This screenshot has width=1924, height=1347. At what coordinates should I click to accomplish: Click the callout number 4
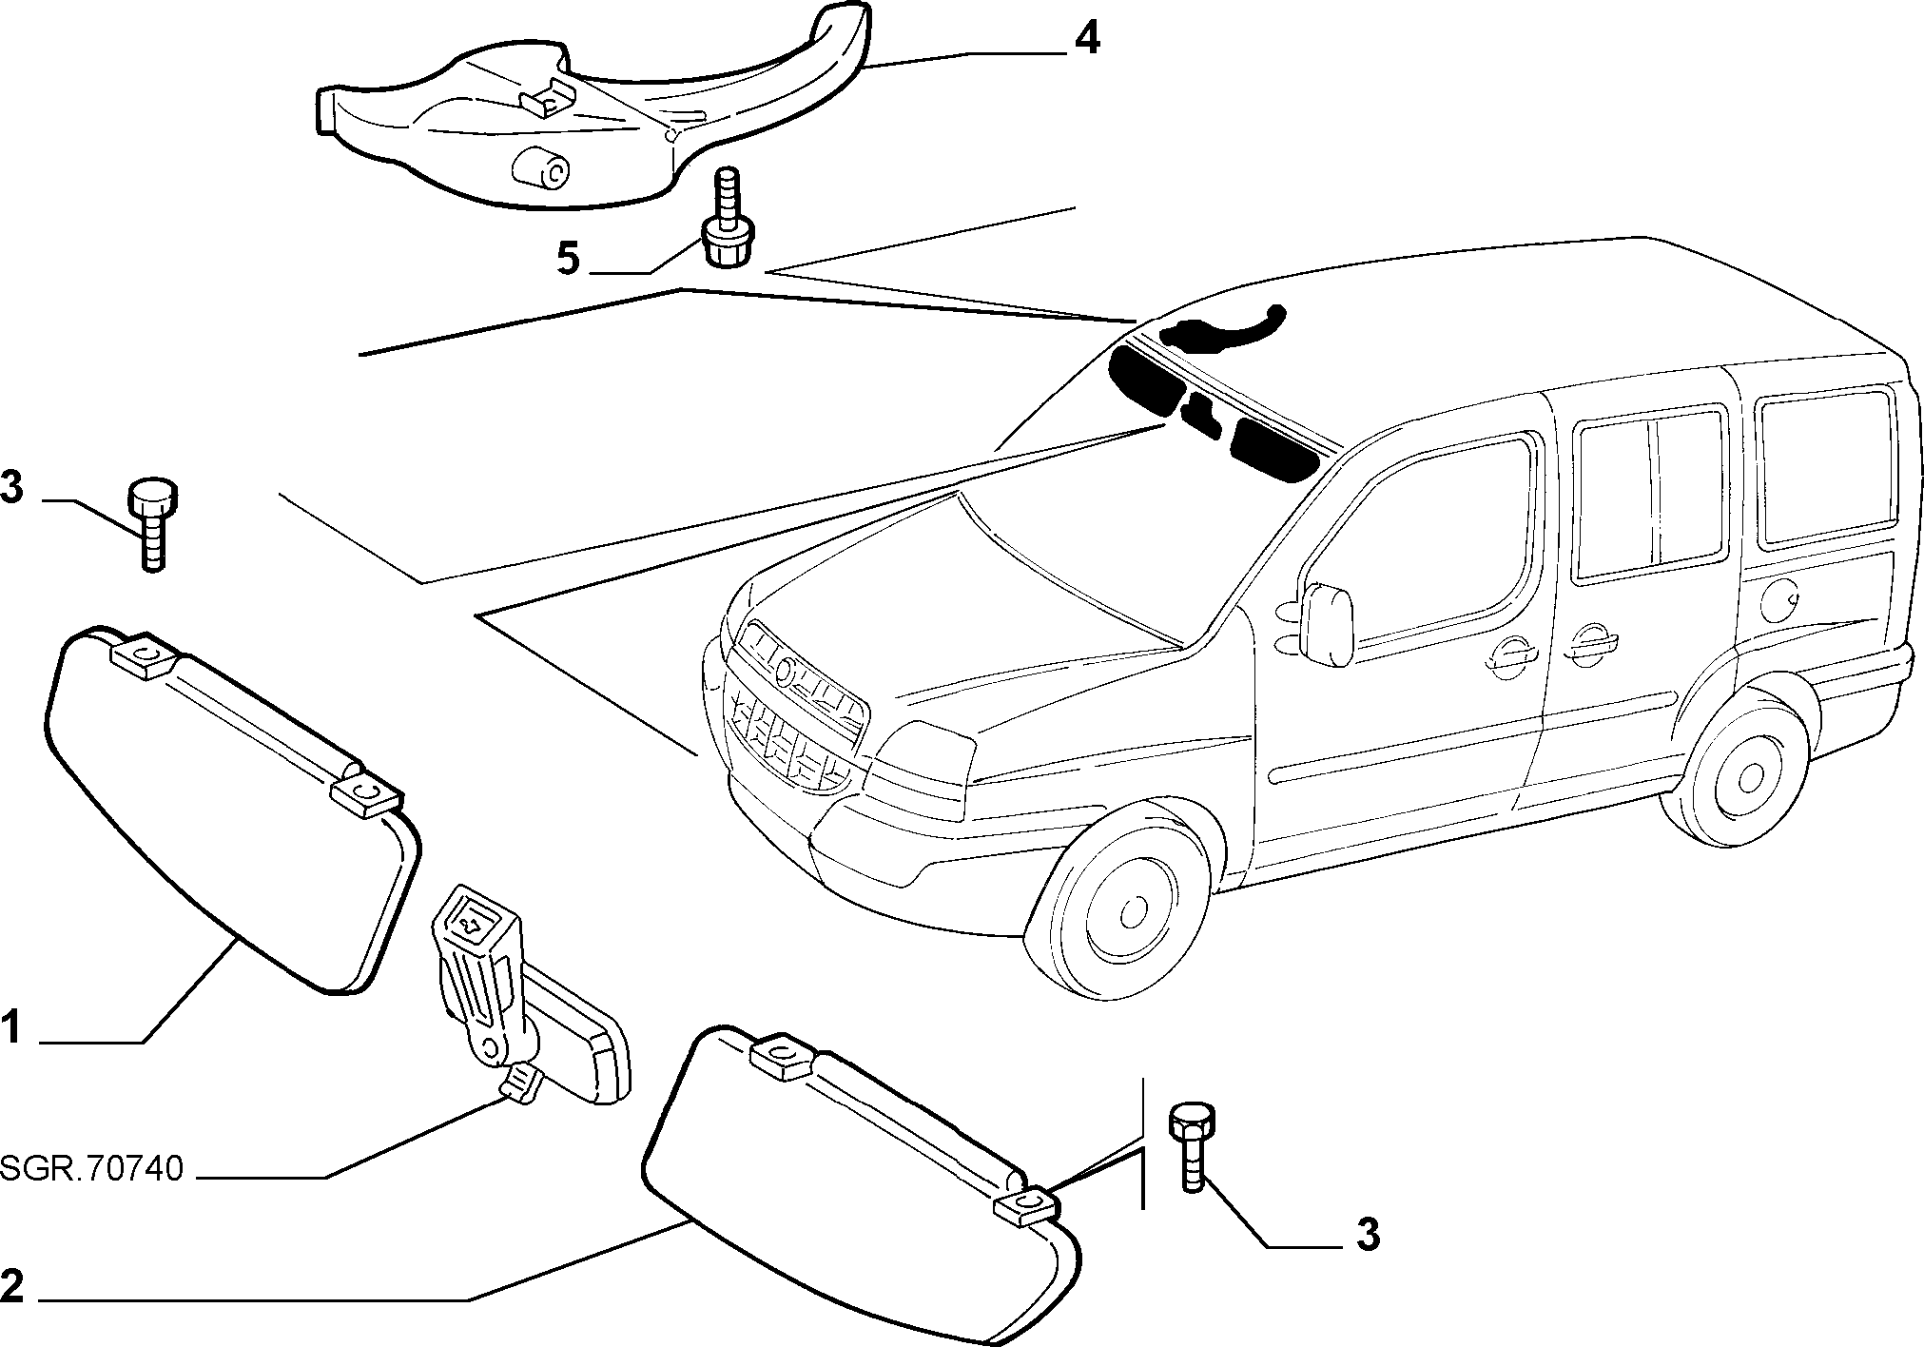coord(1087,40)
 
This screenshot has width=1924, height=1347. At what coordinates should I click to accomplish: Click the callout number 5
coord(568,258)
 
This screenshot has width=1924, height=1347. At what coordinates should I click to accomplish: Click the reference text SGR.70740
coord(91,1168)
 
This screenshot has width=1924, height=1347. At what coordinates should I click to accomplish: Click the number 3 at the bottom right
coord(1367,1235)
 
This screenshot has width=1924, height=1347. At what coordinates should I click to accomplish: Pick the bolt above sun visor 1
coord(152,524)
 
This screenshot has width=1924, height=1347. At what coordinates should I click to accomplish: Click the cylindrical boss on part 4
coord(540,170)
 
